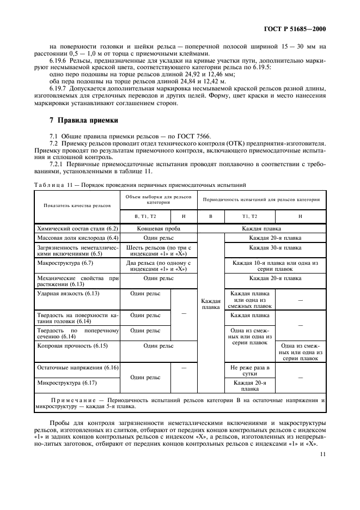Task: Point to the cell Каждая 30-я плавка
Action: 275,248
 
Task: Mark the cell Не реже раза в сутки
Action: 250,371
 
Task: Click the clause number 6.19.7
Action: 59,88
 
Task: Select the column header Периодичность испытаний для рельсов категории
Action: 261,199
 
